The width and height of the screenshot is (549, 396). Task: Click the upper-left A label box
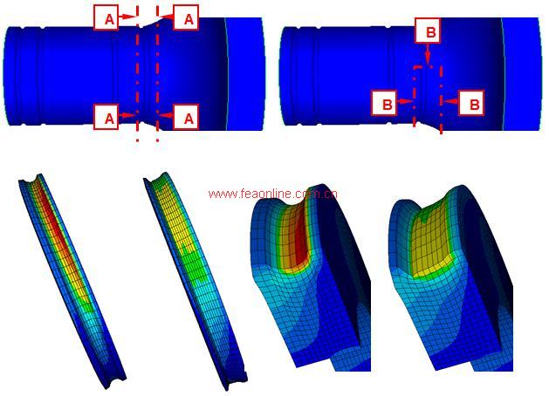pos(106,18)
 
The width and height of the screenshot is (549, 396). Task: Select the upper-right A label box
pos(186,17)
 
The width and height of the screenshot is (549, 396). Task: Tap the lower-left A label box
pos(106,118)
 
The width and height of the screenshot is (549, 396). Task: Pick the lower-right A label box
pos(186,117)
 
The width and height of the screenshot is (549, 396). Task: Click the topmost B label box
pos(428,31)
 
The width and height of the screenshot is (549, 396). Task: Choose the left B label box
pos(384,103)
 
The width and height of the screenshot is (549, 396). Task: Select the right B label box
pos(471,103)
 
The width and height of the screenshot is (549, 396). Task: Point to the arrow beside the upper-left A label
pos(127,16)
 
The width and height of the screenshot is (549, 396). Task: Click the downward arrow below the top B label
pos(428,53)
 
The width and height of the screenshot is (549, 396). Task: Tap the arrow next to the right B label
pos(451,101)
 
